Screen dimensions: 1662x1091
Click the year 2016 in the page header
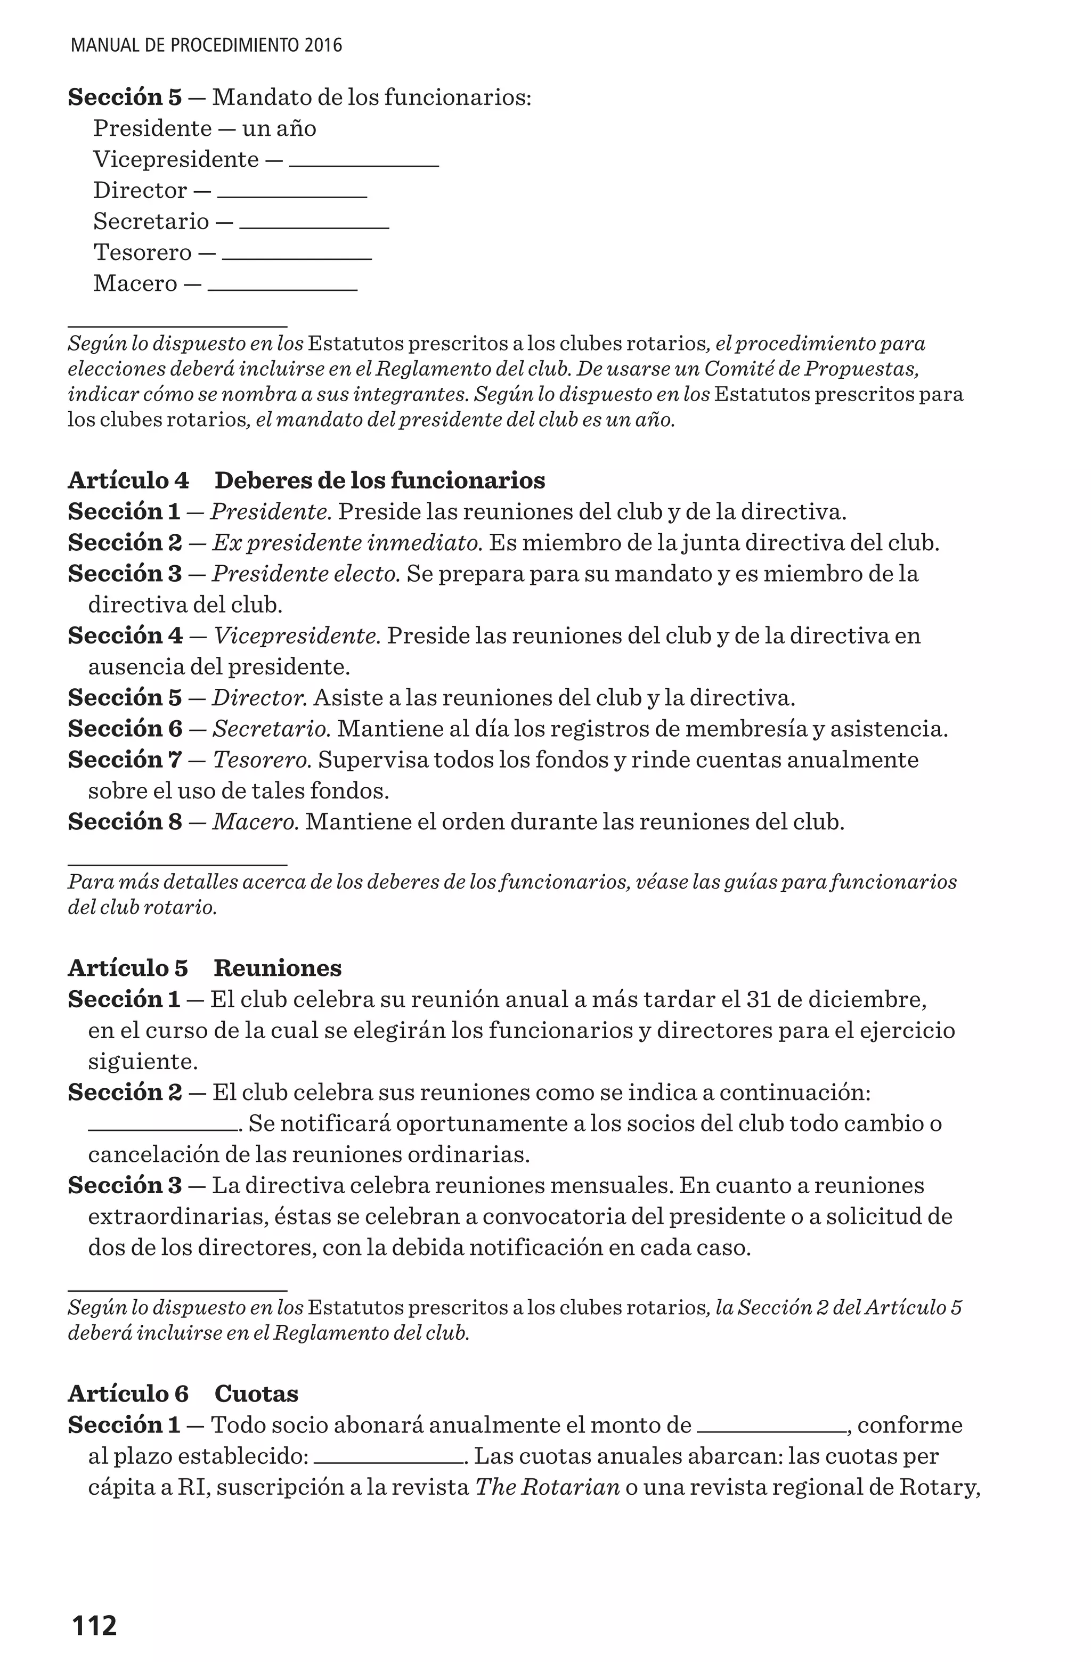point(323,46)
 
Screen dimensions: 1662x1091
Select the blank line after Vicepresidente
point(364,165)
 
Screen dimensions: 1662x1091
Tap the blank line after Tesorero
point(297,258)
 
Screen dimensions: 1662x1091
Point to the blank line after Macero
point(282,288)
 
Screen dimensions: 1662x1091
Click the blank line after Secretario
point(314,227)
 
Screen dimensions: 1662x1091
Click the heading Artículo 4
point(128,480)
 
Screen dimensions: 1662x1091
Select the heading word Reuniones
point(278,968)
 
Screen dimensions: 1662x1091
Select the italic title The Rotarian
point(548,1487)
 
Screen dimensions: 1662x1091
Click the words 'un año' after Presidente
point(279,128)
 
